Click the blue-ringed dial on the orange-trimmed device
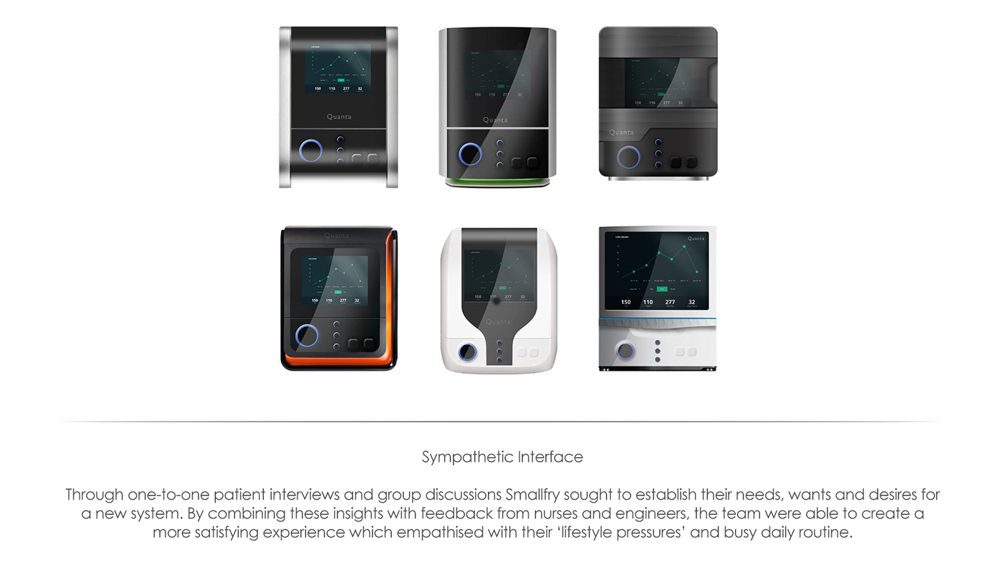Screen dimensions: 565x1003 [x=307, y=335]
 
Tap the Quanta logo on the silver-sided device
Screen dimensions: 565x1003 [x=339, y=116]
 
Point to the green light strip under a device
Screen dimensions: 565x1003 [x=497, y=181]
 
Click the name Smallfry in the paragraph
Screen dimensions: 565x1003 [x=537, y=495]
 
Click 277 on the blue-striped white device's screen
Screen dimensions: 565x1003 [x=670, y=302]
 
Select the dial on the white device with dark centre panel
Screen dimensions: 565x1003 [x=467, y=351]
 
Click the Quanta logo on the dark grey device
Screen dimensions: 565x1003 [x=621, y=132]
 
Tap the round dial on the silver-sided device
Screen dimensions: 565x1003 [x=311, y=151]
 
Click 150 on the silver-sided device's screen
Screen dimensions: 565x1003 [x=317, y=89]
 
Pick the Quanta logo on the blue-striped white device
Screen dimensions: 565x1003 [x=696, y=239]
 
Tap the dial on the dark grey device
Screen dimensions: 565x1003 [x=628, y=157]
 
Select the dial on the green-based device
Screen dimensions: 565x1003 [x=470, y=153]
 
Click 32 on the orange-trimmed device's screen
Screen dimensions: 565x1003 [x=357, y=300]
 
